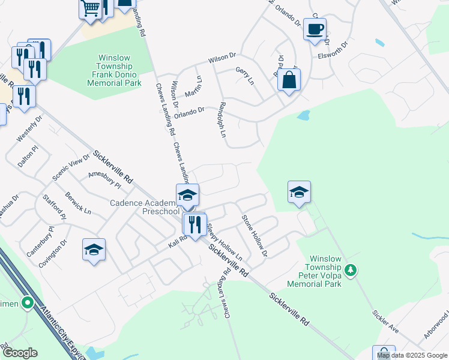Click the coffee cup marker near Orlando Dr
click(315, 29)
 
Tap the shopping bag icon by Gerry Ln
click(289, 80)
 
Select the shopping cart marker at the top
click(90, 9)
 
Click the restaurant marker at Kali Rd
click(194, 224)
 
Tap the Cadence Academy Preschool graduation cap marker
click(187, 196)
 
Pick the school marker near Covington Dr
click(94, 250)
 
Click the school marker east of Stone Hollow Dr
click(299, 193)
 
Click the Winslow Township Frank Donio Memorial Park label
click(114, 71)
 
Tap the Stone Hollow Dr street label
click(254, 236)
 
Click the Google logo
click(19, 353)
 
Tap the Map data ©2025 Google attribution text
click(412, 355)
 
